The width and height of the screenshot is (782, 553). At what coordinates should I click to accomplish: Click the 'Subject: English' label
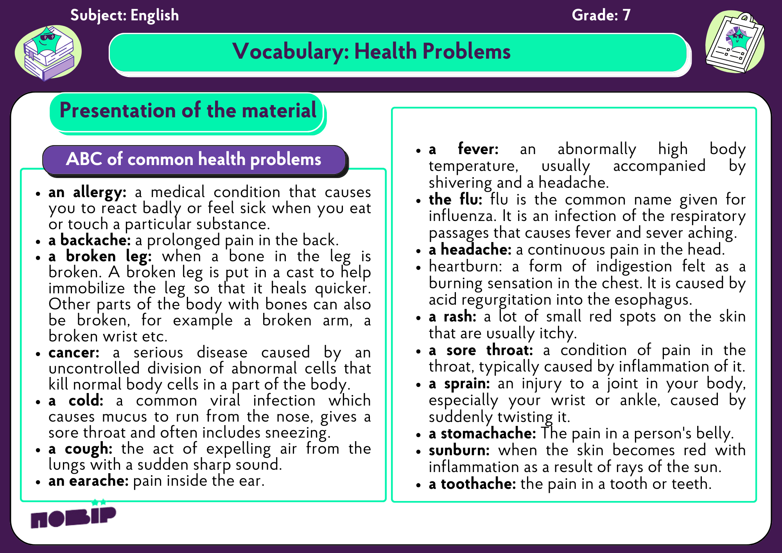pos(124,15)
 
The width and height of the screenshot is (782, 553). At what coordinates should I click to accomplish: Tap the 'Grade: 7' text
pos(601,15)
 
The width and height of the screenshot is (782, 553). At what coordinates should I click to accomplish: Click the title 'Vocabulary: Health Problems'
pos(371,52)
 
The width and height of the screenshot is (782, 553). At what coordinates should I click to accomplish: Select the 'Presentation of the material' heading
pos(188,110)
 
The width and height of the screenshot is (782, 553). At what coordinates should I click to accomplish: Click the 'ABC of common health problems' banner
pos(194,160)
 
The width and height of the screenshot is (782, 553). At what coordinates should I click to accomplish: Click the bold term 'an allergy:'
pos(87,192)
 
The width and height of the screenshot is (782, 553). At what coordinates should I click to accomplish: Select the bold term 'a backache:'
pos(90,240)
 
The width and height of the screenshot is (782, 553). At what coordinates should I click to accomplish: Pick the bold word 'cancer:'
pos(74,352)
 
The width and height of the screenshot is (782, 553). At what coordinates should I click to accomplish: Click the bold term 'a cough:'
pos(81,449)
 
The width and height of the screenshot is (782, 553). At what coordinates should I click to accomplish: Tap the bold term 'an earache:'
pos(88,481)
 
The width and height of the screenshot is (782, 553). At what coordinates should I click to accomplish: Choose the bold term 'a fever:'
pos(464,149)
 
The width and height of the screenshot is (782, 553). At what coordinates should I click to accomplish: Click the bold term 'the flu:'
pos(456,199)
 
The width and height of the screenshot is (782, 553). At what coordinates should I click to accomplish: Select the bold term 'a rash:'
pos(452,316)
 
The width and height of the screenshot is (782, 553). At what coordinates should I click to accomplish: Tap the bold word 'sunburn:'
pos(459,450)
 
